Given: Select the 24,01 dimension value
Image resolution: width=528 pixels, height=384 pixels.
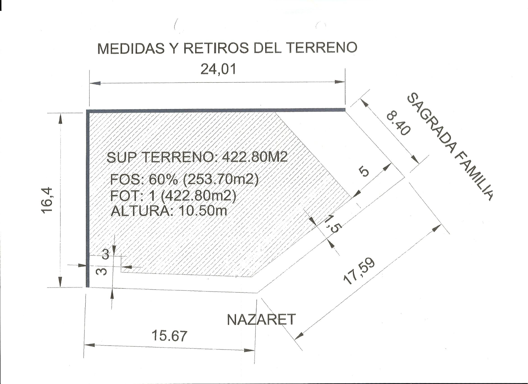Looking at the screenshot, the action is pyautogui.click(x=218, y=69).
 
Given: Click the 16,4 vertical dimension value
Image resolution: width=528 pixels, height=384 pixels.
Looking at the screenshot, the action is pyautogui.click(x=47, y=200).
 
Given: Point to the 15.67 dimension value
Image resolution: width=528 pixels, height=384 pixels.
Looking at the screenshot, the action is pyautogui.click(x=169, y=336).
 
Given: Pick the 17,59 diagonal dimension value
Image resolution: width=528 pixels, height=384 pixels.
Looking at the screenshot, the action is pyautogui.click(x=359, y=271).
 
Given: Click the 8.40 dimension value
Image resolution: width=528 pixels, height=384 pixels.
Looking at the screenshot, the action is pyautogui.click(x=399, y=124).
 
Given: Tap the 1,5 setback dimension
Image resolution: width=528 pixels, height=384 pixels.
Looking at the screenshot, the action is pyautogui.click(x=331, y=224).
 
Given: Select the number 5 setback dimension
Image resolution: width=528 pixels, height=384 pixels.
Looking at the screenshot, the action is pyautogui.click(x=364, y=171).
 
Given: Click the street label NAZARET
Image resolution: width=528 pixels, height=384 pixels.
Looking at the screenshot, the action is pyautogui.click(x=261, y=319).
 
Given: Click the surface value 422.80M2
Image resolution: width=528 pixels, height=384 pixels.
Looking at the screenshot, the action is pyautogui.click(x=255, y=157).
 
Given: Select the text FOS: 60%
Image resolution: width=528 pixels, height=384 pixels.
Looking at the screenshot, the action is pyautogui.click(x=144, y=179).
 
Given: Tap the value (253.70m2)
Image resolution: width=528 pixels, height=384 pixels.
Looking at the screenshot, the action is pyautogui.click(x=221, y=179).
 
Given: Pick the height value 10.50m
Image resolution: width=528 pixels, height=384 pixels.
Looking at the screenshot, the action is pyautogui.click(x=203, y=211).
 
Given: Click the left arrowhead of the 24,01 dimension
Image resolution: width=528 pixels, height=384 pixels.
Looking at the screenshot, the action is pyautogui.click(x=95, y=83).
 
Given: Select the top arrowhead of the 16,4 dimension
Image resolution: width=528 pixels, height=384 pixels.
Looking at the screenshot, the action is pyautogui.click(x=60, y=118).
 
